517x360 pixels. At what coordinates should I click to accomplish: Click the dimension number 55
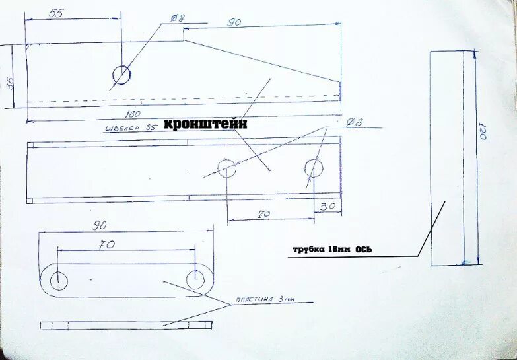(57, 13)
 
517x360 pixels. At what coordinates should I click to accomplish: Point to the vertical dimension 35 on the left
(9, 83)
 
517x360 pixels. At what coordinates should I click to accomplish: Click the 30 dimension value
(327, 206)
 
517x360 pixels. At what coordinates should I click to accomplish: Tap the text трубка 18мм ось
(333, 250)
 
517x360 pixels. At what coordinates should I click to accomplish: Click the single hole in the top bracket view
(121, 75)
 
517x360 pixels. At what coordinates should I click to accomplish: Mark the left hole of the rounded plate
(59, 279)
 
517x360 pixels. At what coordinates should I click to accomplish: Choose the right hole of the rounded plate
(195, 279)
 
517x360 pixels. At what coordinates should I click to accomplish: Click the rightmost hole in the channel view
(314, 168)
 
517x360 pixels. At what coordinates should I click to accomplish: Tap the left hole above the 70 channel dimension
(227, 168)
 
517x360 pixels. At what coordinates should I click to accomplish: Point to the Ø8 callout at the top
(176, 19)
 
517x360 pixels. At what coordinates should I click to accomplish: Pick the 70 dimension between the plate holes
(107, 244)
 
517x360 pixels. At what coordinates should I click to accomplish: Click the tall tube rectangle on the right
(446, 159)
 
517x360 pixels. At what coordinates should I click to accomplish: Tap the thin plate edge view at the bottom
(125, 325)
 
